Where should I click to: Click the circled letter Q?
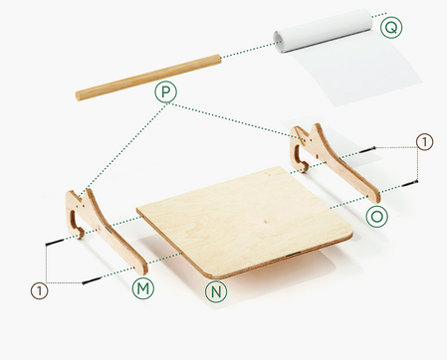click(x=392, y=27)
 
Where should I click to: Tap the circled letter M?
click(x=143, y=287)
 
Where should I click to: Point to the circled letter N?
click(x=214, y=291)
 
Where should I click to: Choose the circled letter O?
click(x=376, y=216)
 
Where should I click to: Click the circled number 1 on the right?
click(x=424, y=142)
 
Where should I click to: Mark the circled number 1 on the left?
click(x=39, y=290)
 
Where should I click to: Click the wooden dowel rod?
click(x=149, y=75)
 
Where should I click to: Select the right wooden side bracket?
click(x=329, y=159)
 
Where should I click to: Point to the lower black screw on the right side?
click(x=414, y=182)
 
